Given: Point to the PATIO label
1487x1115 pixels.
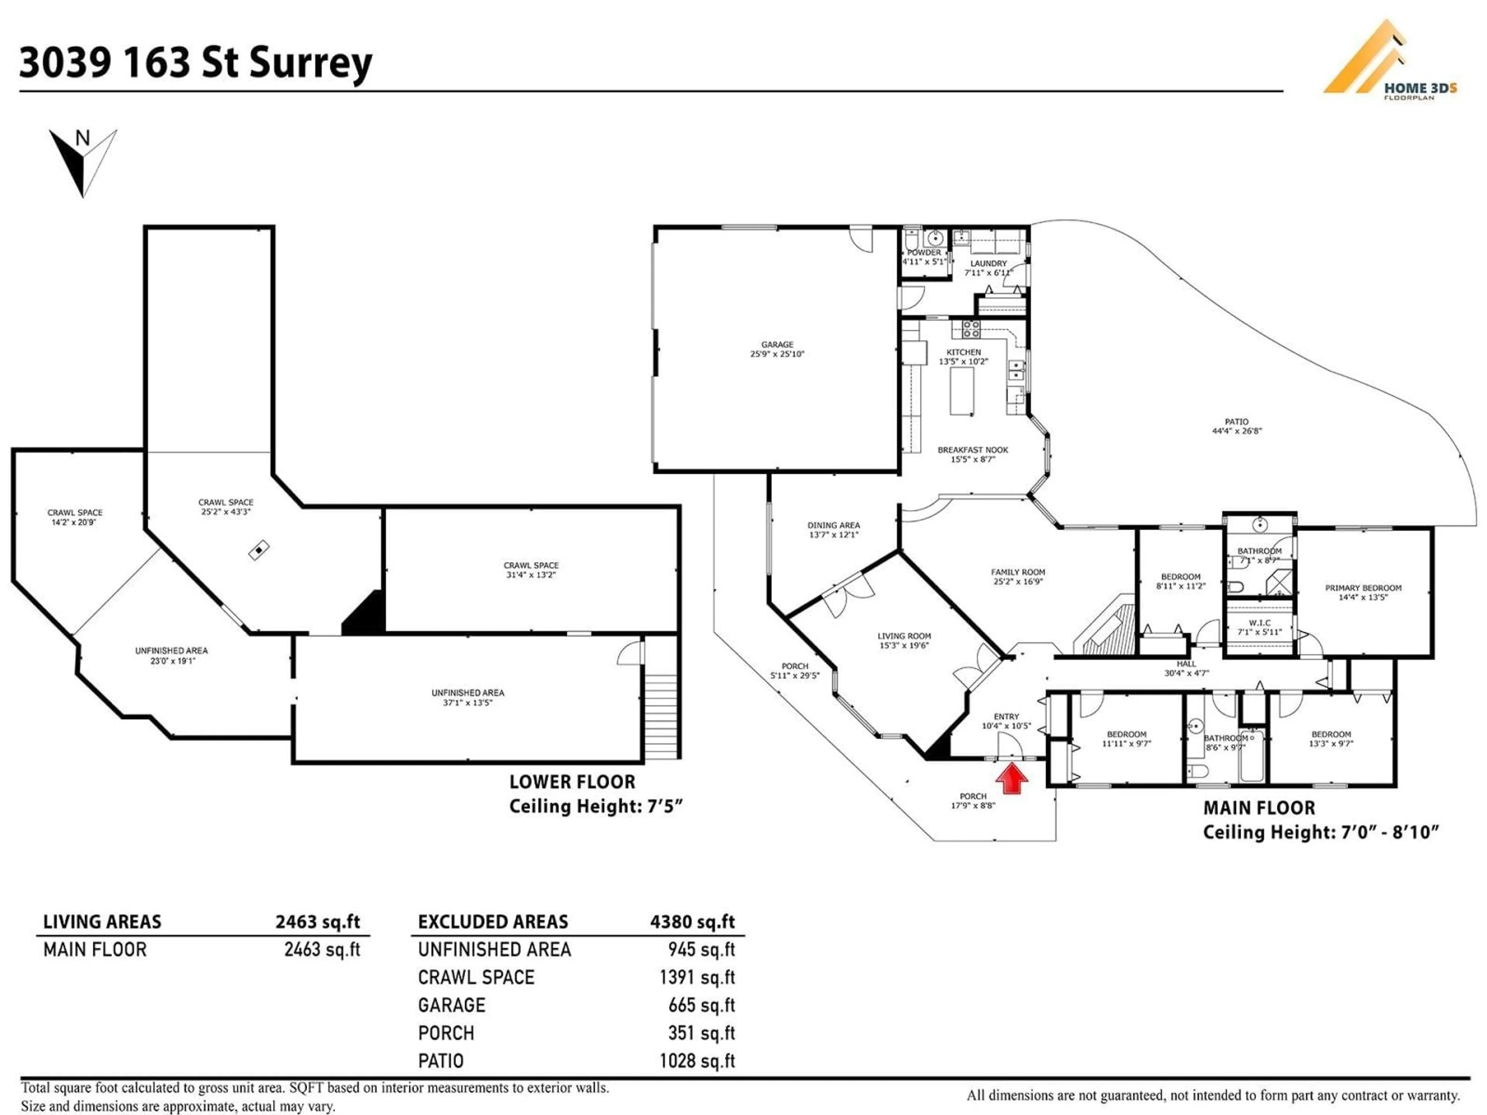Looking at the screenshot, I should (1236, 422).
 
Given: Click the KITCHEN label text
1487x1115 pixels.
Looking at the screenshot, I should (963, 352).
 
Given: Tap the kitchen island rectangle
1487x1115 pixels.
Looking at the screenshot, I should (961, 391).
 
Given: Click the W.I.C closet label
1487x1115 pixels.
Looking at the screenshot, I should (1259, 623).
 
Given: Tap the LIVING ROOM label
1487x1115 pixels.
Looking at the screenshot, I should (904, 636).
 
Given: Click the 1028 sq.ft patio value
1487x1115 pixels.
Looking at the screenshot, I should (697, 1060).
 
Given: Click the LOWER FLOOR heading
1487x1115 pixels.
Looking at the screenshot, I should (572, 782).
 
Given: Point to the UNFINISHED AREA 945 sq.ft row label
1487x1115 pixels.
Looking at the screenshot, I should (494, 950).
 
